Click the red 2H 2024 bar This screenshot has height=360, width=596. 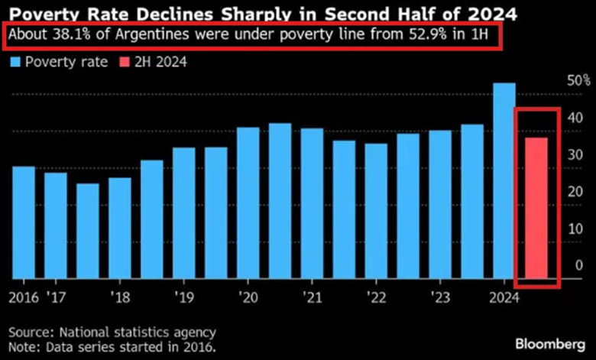[535, 207]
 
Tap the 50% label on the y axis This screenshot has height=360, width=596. [578, 80]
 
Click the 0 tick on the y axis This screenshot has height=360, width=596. [579, 265]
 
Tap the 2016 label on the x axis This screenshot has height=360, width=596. [24, 296]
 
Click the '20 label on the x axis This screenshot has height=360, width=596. [247, 296]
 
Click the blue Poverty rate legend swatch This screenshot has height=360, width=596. [16, 61]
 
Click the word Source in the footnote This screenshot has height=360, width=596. [30, 332]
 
